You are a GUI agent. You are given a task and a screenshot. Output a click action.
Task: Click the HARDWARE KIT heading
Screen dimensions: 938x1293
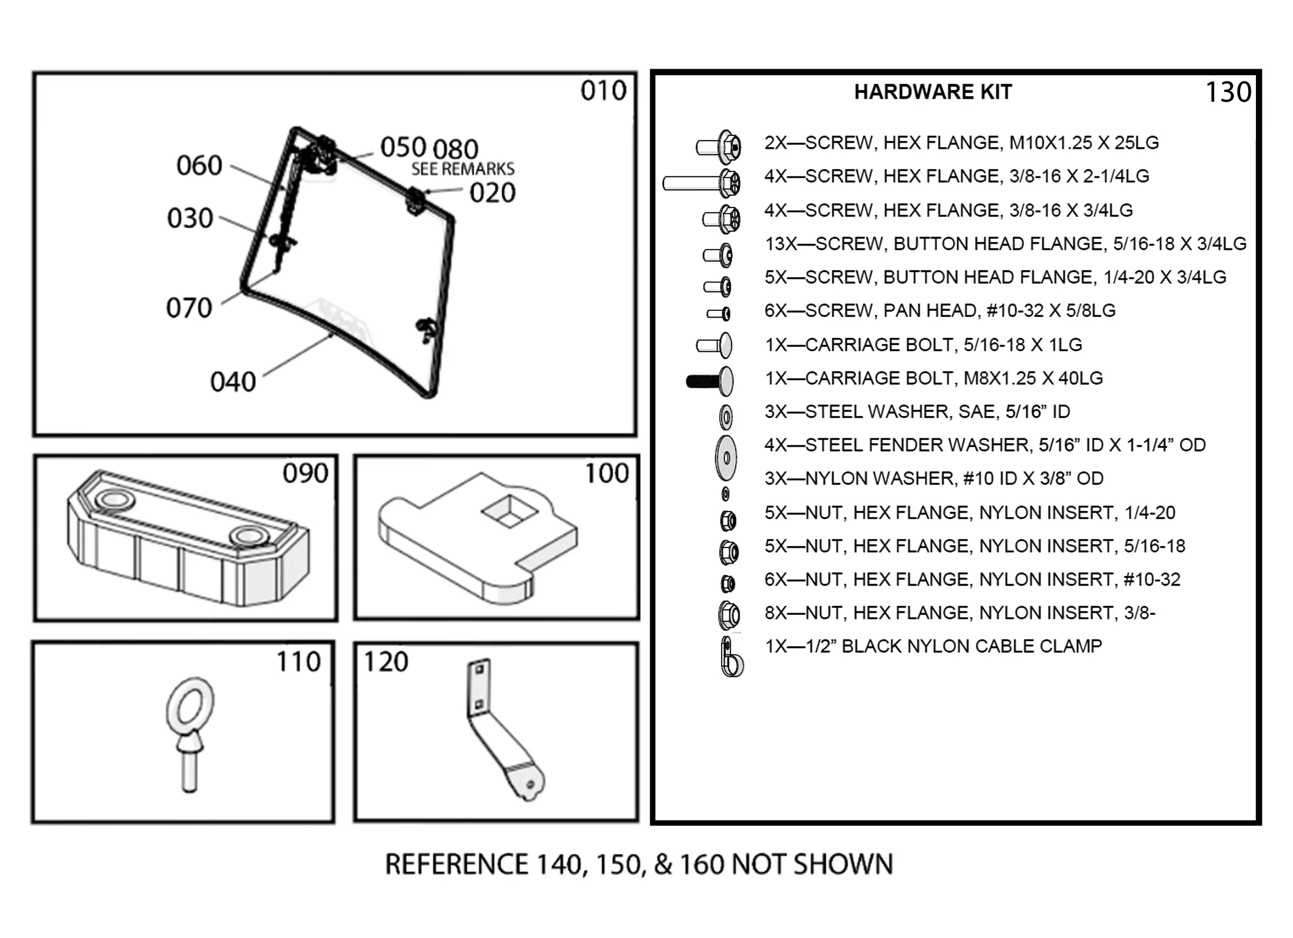click(932, 92)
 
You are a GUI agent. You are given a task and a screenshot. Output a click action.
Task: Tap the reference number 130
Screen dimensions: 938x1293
click(1228, 92)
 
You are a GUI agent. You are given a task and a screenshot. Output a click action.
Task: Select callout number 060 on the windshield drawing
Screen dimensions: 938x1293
click(199, 166)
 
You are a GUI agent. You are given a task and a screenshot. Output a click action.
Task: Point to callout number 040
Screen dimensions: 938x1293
click(233, 382)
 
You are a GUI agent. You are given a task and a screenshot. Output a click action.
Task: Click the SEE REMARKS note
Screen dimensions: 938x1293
click(462, 169)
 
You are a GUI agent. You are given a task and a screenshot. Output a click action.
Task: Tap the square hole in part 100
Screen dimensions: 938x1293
click(510, 511)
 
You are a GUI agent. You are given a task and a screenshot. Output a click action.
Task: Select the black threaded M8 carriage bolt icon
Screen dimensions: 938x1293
click(710, 380)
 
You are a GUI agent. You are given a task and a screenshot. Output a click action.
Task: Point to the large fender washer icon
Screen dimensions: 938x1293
click(726, 457)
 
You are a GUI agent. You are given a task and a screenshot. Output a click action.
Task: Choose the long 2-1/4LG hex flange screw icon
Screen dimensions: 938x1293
click(702, 183)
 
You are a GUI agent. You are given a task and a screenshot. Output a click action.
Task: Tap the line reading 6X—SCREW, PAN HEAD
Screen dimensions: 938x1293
click(940, 311)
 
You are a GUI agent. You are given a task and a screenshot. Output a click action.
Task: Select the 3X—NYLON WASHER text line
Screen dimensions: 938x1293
click(934, 479)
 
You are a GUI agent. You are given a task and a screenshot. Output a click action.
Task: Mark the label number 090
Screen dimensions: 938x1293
click(305, 473)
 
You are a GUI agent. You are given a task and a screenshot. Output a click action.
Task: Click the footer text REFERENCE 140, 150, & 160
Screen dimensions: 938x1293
click(638, 864)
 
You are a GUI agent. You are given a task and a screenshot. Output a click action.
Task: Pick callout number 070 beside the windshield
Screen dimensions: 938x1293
click(190, 309)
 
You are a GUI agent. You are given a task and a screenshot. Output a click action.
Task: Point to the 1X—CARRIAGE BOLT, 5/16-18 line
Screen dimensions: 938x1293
click(923, 345)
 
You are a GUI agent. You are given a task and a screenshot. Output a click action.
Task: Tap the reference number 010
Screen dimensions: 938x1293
click(603, 90)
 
